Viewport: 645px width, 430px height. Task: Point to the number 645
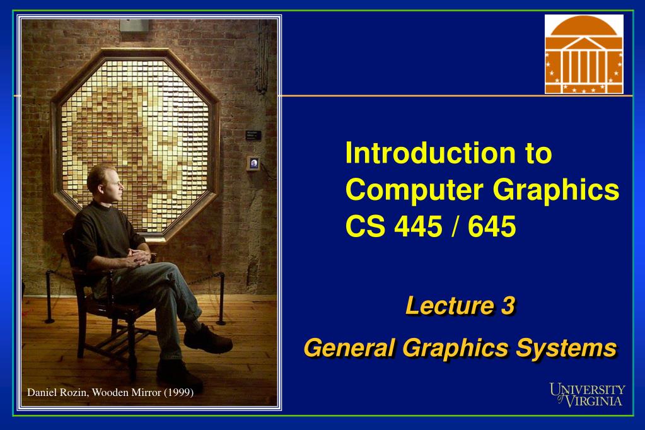(x=492, y=225)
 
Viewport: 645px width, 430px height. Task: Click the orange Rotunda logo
(x=584, y=54)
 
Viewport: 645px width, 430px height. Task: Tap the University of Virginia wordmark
(x=587, y=394)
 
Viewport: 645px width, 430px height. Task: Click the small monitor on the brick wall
(x=253, y=163)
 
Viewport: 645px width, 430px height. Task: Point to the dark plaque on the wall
(x=253, y=134)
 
